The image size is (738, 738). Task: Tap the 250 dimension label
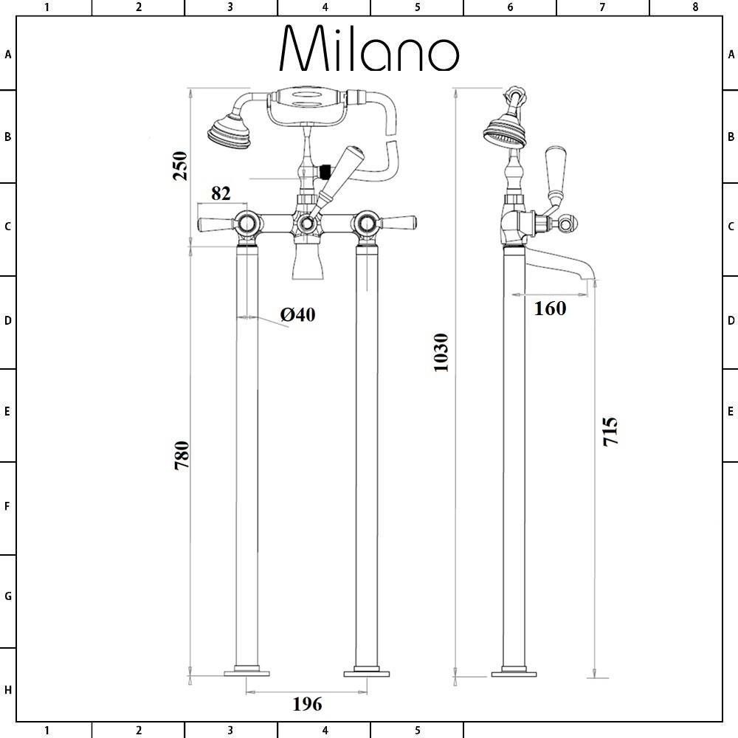coord(180,165)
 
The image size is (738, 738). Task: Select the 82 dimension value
coord(221,193)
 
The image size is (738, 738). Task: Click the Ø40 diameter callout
coord(297,314)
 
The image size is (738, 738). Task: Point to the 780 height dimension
coord(182,455)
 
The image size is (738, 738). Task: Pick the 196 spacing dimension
coord(307,704)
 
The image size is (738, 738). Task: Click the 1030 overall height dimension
coord(441,353)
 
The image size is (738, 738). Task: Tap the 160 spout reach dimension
coord(551,308)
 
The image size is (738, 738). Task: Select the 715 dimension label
coord(610,431)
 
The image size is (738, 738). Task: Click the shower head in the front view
coord(230,132)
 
